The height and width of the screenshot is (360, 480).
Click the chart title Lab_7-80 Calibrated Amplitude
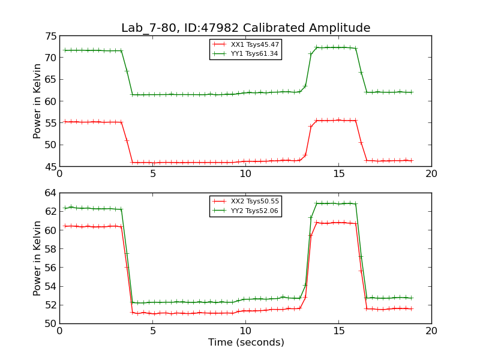click(245, 28)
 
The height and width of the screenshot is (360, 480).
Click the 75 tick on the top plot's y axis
click(50, 36)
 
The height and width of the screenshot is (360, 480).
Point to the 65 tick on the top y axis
click(50, 79)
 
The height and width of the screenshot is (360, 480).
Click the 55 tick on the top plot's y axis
click(50, 123)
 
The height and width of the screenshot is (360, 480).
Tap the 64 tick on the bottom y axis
click(50, 193)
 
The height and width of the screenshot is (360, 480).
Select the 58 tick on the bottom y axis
click(50, 249)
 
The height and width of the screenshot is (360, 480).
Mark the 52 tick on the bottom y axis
click(50, 305)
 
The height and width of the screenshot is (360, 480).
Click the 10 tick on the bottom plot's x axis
click(245, 331)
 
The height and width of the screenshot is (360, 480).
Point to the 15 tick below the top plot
click(338, 173)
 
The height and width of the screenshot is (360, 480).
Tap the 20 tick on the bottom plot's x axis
click(431, 331)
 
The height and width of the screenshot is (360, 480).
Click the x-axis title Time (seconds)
click(245, 343)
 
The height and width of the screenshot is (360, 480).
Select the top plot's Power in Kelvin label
click(37, 101)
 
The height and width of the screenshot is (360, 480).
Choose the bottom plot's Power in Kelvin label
click(37, 258)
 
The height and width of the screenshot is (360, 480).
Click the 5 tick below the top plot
click(152, 173)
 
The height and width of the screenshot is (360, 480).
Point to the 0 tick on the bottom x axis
click(59, 331)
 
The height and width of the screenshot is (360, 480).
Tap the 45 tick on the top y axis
click(50, 166)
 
